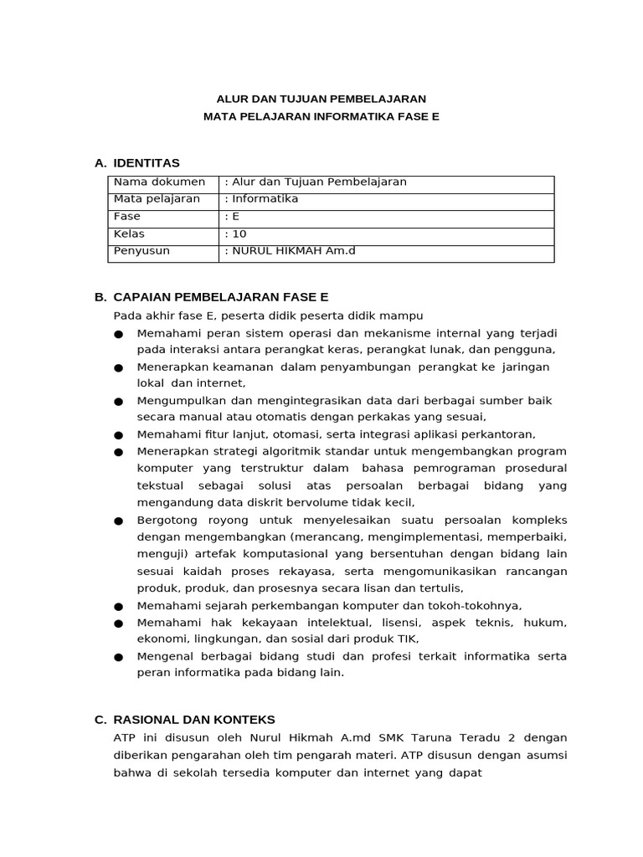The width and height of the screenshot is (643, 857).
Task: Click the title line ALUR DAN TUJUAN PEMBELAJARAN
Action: [x=321, y=98]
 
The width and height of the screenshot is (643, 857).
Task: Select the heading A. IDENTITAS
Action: [x=137, y=162]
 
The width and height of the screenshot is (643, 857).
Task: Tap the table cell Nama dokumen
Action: [x=159, y=182]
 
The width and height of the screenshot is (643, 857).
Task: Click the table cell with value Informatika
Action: [x=263, y=199]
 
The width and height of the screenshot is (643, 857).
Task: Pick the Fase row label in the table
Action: [x=127, y=216]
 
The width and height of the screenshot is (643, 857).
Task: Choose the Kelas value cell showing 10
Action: [x=238, y=233]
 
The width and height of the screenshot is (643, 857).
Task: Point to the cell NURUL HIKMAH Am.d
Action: [x=290, y=250]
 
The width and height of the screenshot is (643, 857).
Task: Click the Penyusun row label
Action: [x=141, y=250]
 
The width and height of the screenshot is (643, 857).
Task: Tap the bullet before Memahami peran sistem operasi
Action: [x=118, y=334]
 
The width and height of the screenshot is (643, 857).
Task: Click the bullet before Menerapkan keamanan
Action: [x=118, y=368]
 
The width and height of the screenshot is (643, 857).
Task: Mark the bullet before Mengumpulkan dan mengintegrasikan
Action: [x=118, y=402]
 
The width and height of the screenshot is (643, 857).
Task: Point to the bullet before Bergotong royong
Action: [x=118, y=521]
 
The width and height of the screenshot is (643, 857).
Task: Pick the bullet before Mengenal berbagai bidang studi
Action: [x=118, y=657]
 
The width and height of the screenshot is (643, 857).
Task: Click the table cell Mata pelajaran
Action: [x=157, y=199]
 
